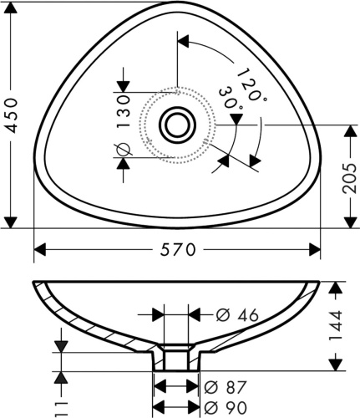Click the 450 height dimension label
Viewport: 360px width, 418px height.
(x=12, y=115)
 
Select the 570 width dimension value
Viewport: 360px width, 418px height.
(x=178, y=250)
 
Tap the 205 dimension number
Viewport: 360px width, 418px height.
(x=349, y=178)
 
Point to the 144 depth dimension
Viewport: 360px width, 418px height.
(x=335, y=325)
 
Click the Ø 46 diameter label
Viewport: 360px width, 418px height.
(x=237, y=315)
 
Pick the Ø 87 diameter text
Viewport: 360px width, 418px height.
(x=226, y=387)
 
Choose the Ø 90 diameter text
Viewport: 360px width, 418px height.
(x=226, y=407)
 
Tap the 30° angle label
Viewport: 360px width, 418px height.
(x=231, y=99)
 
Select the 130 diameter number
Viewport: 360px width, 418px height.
(x=124, y=111)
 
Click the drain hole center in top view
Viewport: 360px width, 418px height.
(x=177, y=125)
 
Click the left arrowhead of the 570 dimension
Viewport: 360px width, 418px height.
(x=40, y=249)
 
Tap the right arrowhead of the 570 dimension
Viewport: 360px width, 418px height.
(x=315, y=249)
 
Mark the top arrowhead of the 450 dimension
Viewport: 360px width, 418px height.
(x=11, y=8)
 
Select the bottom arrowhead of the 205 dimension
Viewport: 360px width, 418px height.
(x=350, y=222)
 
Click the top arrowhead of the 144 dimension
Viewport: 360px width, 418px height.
(x=335, y=288)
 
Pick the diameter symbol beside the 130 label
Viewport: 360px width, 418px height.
(x=123, y=150)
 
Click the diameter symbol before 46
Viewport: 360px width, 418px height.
(x=223, y=315)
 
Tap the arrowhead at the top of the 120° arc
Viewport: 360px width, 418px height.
(x=183, y=42)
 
